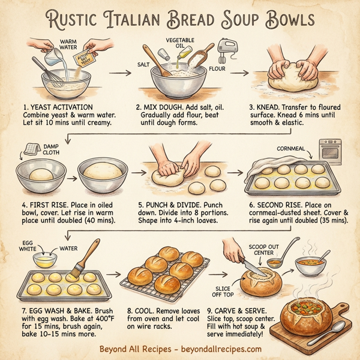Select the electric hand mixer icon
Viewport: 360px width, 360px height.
pos(224,56)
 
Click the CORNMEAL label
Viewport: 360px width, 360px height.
pos(293,148)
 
